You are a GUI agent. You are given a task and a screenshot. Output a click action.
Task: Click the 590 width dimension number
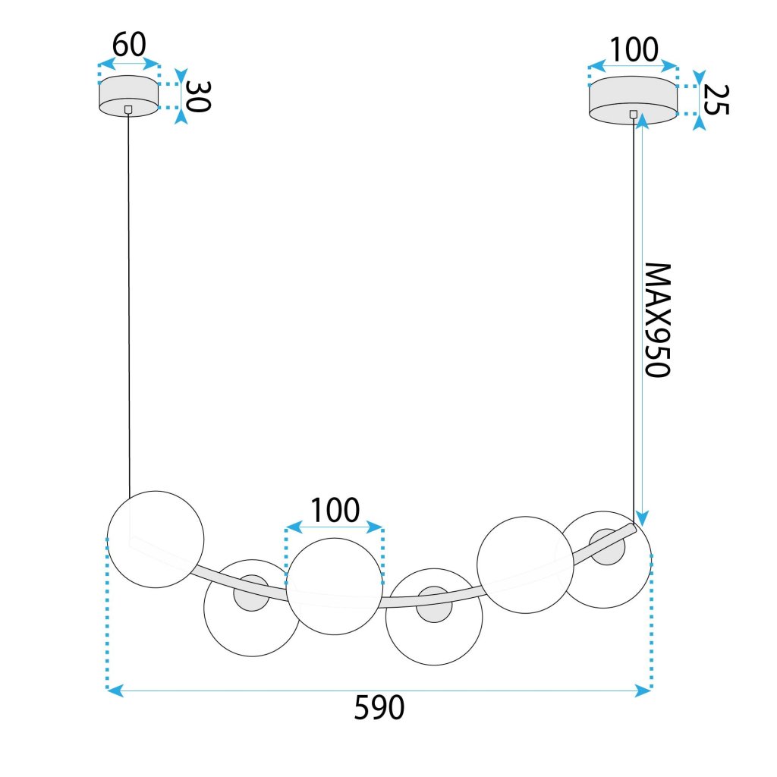[379, 708]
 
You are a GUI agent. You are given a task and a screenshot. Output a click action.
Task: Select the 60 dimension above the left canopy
[128, 46]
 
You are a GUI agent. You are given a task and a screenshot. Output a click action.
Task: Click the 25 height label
[714, 99]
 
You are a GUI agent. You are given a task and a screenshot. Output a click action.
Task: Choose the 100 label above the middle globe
[335, 511]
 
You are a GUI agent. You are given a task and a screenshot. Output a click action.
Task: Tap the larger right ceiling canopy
[634, 99]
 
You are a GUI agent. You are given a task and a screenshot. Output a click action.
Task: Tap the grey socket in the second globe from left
[250, 593]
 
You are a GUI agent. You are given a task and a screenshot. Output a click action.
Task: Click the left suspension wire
[129, 304]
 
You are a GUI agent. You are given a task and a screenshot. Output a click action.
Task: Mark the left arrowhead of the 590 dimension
[112, 690]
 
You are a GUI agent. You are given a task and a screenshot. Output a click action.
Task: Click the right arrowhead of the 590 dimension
[646, 690]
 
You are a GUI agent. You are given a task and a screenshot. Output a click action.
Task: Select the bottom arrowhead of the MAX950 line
[642, 520]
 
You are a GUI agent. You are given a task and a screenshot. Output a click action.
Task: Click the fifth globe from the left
[524, 563]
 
